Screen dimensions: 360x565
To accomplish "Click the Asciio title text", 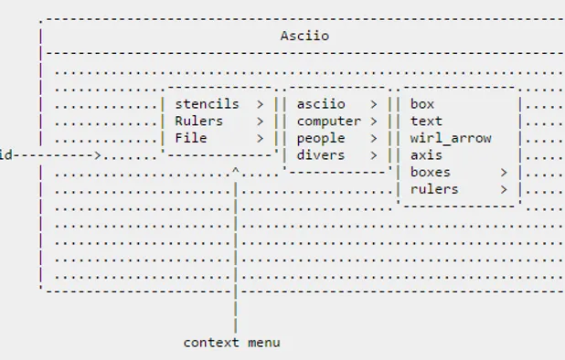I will pyautogui.click(x=304, y=37).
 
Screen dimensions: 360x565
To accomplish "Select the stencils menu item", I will pyautogui.click(x=207, y=104).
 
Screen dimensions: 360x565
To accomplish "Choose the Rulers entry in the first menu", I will pyautogui.click(x=198, y=121).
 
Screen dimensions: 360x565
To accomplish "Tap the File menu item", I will pyautogui.click(x=190, y=138).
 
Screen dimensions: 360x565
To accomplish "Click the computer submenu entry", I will pyautogui.click(x=328, y=121).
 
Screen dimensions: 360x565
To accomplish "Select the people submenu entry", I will pyautogui.click(x=320, y=138).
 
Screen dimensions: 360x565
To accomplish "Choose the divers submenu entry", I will pyautogui.click(x=320, y=155).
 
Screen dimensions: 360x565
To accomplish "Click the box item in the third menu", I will pyautogui.click(x=422, y=104).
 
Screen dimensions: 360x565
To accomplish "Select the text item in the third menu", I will pyautogui.click(x=426, y=121).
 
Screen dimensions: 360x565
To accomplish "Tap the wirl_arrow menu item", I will pyautogui.click(x=451, y=138).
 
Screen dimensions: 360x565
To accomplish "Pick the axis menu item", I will pyautogui.click(x=426, y=155).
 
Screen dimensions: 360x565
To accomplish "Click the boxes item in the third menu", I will pyautogui.click(x=431, y=172).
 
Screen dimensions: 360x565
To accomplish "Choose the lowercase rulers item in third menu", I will pyautogui.click(x=434, y=189).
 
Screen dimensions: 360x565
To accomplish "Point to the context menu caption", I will pyautogui.click(x=231, y=343).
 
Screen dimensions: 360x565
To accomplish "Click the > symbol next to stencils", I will pyautogui.click(x=261, y=104).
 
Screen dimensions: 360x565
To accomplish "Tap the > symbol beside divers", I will pyautogui.click(x=374, y=155).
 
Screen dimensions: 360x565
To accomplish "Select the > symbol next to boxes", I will pyautogui.click(x=504, y=172).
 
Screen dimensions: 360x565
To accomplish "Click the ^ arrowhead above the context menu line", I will pyautogui.click(x=236, y=171).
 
